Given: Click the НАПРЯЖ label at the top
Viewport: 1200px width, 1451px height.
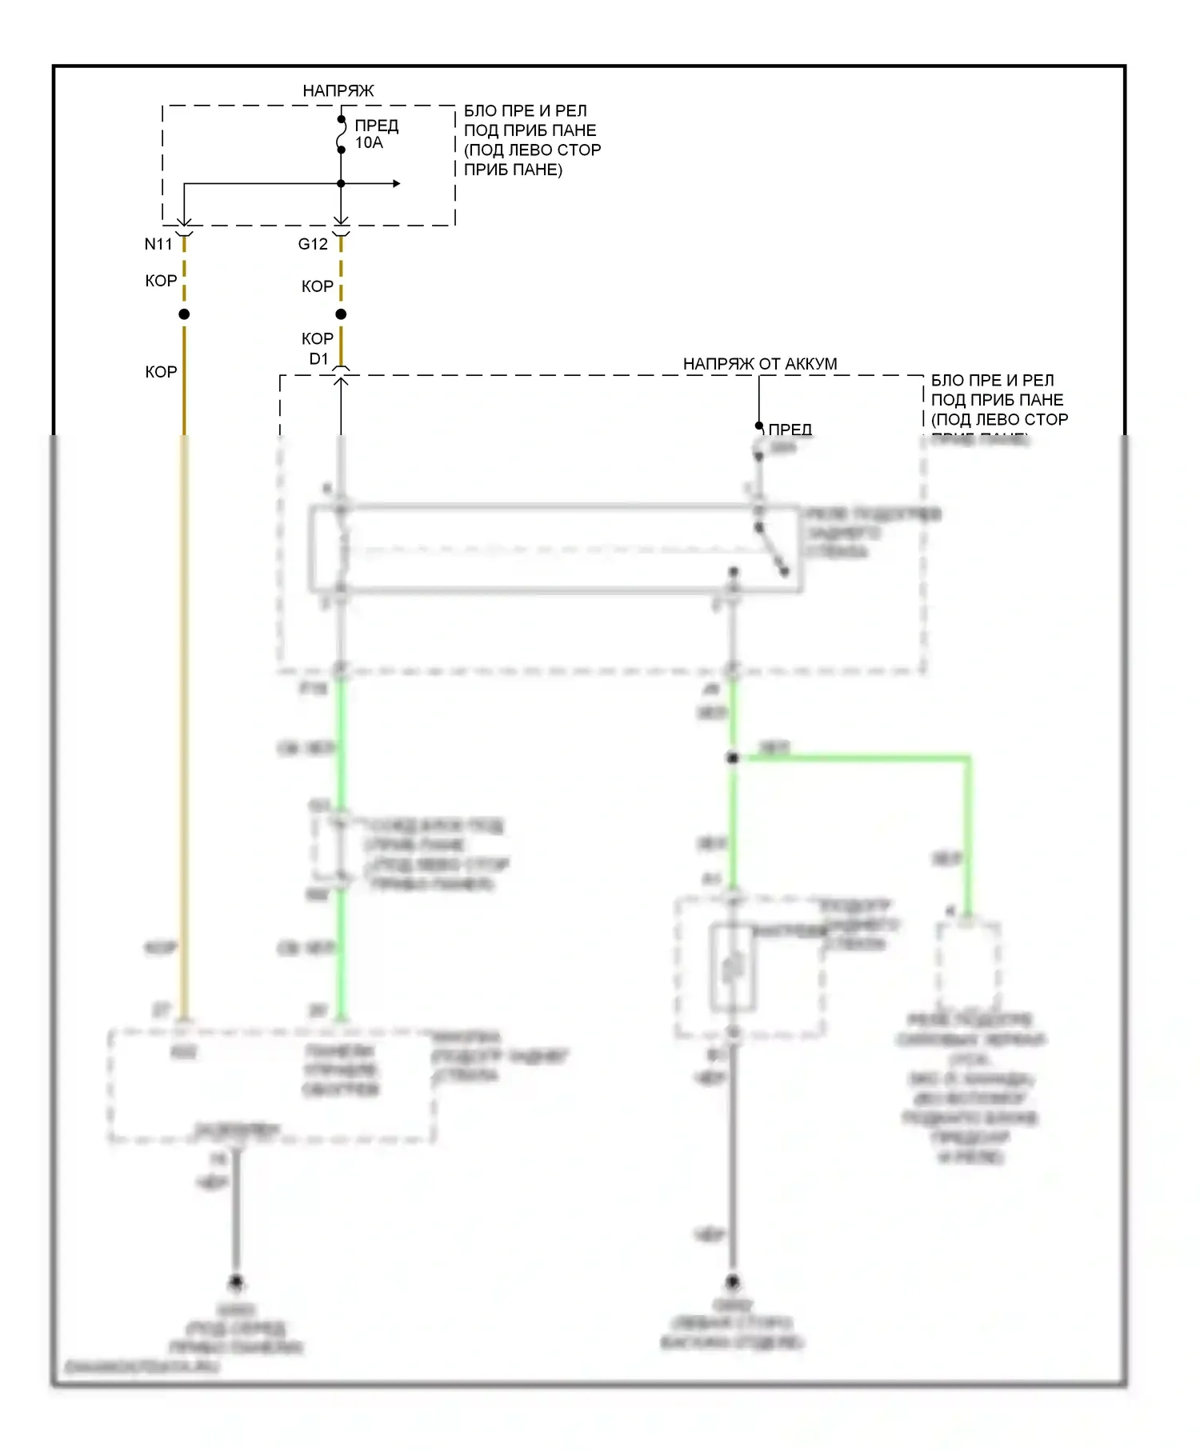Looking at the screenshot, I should tap(338, 90).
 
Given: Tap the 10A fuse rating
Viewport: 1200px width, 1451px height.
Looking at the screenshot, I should tap(369, 143).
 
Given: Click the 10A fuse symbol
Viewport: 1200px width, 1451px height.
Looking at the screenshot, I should tap(341, 134).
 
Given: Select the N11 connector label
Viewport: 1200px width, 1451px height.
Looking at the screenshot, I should tap(158, 244).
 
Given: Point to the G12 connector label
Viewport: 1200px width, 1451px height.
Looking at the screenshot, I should tap(313, 244).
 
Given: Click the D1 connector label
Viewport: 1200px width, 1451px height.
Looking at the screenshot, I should tap(318, 359).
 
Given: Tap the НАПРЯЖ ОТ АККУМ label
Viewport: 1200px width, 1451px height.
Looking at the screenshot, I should tap(760, 364).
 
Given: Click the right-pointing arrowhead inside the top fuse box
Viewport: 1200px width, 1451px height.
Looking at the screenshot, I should tap(396, 184).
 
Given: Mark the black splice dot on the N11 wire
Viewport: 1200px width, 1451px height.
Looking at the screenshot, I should tap(184, 314).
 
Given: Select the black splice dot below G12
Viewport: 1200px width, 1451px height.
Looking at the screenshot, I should tap(341, 314).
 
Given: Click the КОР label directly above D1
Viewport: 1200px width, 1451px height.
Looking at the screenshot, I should tap(318, 339).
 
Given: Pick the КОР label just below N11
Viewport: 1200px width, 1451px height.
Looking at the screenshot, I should tap(161, 281).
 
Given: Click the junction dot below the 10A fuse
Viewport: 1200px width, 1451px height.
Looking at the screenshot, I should tap(341, 184).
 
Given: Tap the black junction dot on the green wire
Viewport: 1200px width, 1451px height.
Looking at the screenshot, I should tap(732, 757).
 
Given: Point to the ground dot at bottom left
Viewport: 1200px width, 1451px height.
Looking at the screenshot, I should tap(236, 1282).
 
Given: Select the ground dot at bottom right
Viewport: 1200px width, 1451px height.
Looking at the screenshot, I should tap(732, 1281).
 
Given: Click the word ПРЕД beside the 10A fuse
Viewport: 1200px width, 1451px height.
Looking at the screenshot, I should tap(377, 126).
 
